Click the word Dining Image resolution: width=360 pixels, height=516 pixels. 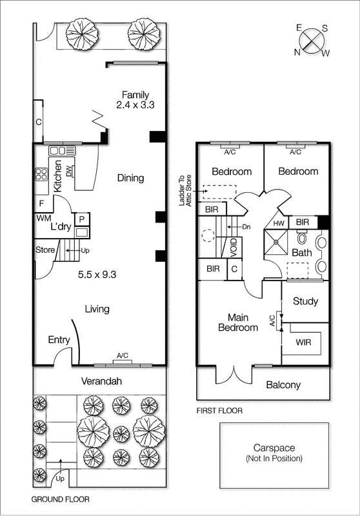(130, 178)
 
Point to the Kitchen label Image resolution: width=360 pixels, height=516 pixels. (57, 176)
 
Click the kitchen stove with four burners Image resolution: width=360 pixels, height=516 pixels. (41, 174)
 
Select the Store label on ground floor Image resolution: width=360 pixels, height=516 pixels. (45, 249)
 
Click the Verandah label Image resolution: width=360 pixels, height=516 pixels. (102, 381)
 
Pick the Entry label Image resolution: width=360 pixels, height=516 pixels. (59, 340)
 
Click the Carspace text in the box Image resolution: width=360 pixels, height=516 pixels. (274, 448)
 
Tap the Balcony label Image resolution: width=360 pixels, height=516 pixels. (283, 385)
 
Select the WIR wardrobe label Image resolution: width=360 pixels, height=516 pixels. (303, 342)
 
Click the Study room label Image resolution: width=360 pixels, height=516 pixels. (305, 301)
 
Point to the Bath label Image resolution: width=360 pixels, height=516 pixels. (302, 253)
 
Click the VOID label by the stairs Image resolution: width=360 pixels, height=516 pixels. (234, 247)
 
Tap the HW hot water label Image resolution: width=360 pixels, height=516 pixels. (278, 223)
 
